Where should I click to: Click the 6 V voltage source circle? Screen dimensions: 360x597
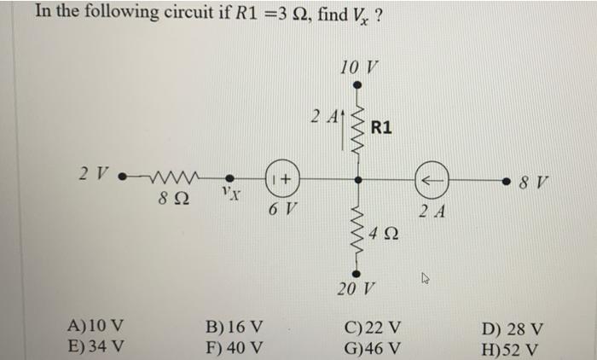tap(281, 180)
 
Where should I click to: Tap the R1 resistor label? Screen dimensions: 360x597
tap(381, 128)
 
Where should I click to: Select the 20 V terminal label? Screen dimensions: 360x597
tap(356, 288)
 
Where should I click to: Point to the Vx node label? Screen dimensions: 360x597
tap(229, 195)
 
